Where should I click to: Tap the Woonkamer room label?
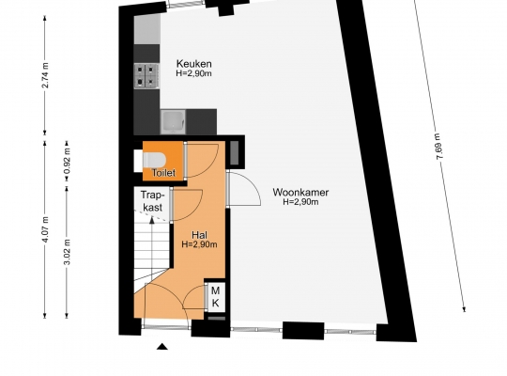(x=300, y=192)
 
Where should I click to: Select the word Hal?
(x=199, y=235)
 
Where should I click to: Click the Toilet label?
(x=163, y=173)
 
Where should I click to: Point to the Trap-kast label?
(x=152, y=201)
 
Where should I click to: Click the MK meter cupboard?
(x=215, y=297)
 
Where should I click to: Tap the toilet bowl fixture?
(x=154, y=160)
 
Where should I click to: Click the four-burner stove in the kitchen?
(x=146, y=75)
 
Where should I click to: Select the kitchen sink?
(x=174, y=122)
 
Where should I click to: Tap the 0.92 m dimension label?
(x=67, y=164)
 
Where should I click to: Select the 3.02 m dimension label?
(x=67, y=252)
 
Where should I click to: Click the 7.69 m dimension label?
(x=439, y=146)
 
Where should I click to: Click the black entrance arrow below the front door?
(x=162, y=347)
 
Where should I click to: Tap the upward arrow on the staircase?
(x=152, y=243)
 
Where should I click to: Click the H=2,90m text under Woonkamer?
(x=300, y=202)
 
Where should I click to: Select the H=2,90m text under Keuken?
(x=194, y=73)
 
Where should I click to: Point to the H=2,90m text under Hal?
(x=199, y=244)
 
